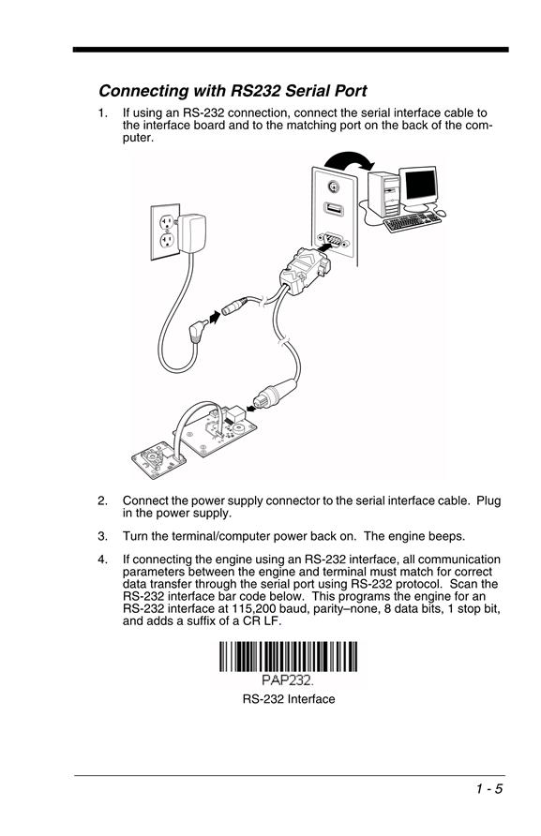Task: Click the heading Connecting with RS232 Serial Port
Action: [x=233, y=91]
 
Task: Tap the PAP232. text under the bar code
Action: [x=288, y=680]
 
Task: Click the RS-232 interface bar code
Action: [x=288, y=657]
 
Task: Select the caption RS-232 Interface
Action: [x=289, y=699]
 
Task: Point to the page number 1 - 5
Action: [x=489, y=789]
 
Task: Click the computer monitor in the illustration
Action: [x=420, y=187]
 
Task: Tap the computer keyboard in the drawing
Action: [x=413, y=222]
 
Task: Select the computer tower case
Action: [x=383, y=194]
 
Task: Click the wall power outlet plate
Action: [x=165, y=231]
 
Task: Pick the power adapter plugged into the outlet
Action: [x=191, y=233]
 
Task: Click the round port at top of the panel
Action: [x=333, y=187]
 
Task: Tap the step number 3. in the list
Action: [x=102, y=536]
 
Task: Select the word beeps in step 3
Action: [x=447, y=537]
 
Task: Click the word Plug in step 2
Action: [x=488, y=501]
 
